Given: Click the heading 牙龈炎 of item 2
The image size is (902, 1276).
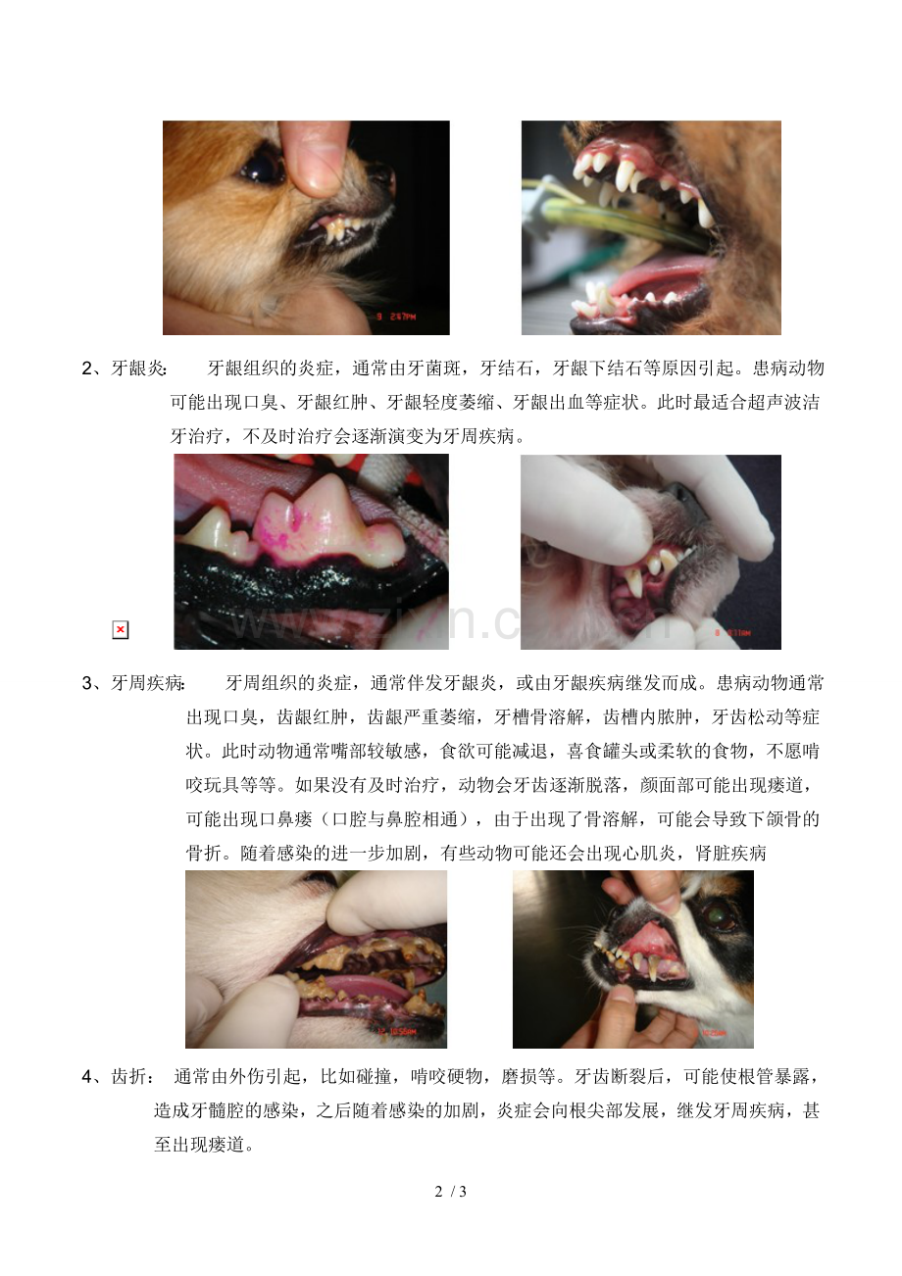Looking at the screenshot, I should pos(138,369).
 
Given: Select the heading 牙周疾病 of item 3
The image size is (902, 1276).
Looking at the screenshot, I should pos(148,683).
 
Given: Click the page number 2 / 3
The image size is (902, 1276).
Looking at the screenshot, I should pos(451,1192).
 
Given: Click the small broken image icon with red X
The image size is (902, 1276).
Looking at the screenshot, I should pos(120,630).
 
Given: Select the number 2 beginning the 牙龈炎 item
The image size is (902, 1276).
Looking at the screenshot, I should pos(86,369).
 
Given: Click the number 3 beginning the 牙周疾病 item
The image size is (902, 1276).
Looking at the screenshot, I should pos(86,683).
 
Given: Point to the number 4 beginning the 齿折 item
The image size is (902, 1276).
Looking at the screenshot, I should pos(86,1077).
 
